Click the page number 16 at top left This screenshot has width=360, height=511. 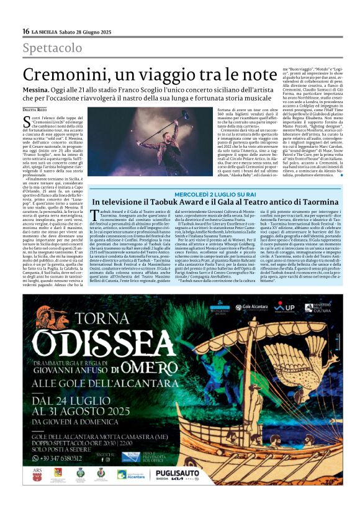[x=25, y=31]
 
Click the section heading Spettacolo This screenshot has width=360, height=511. [x=52, y=48]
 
